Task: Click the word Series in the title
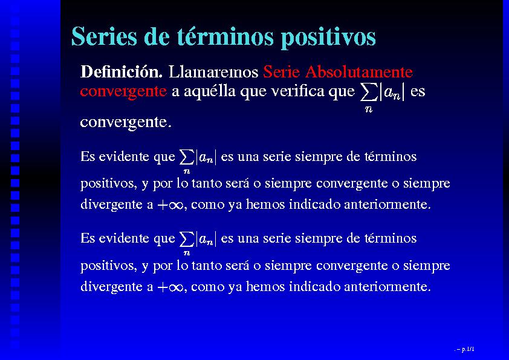click(x=104, y=36)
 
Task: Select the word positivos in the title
click(x=328, y=38)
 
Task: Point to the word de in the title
click(x=157, y=36)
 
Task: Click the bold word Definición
click(x=122, y=71)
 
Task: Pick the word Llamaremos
click(x=213, y=71)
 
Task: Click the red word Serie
click(x=281, y=71)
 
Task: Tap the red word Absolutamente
click(x=359, y=71)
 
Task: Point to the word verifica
click(x=297, y=91)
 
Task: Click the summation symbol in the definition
click(x=369, y=93)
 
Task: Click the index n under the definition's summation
click(x=368, y=109)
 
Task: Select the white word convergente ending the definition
click(x=126, y=122)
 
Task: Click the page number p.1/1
click(x=467, y=349)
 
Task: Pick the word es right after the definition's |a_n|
click(x=418, y=92)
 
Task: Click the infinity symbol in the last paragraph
click(x=176, y=287)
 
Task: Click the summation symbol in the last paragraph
click(x=187, y=239)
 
